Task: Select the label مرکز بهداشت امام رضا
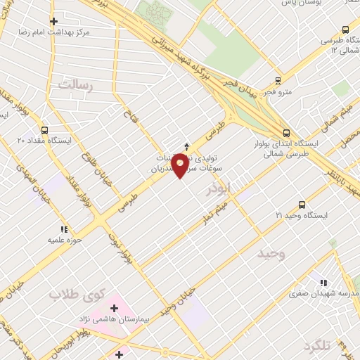(x=54, y=33)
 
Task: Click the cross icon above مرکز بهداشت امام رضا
(x=54, y=21)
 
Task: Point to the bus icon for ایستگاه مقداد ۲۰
(x=45, y=130)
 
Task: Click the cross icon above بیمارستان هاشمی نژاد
(x=114, y=308)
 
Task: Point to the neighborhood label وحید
(x=270, y=252)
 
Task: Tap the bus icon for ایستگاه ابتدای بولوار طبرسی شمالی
(x=285, y=131)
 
